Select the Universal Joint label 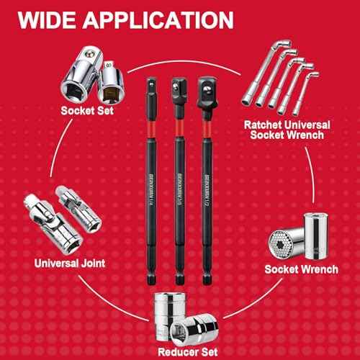tap(70, 264)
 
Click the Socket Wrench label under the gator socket tap(301, 269)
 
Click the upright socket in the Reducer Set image tap(170, 311)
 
